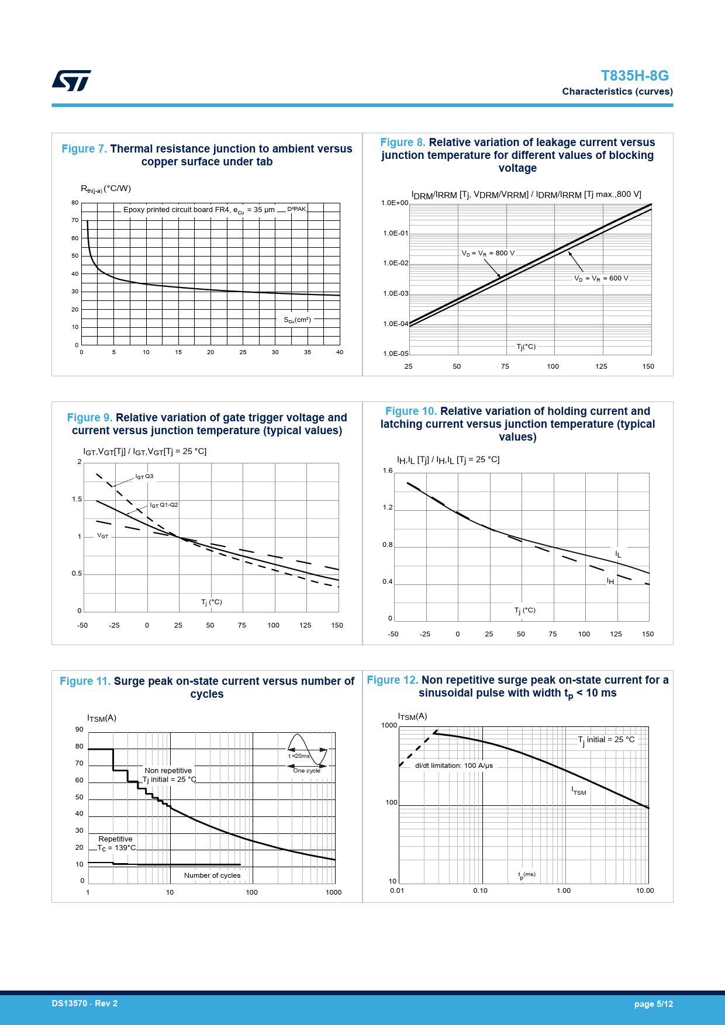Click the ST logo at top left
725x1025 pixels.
[71, 81]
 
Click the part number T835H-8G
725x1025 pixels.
[634, 76]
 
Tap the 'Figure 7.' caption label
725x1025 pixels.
[84, 149]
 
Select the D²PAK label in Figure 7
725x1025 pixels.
[296, 209]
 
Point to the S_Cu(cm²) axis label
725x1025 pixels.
[298, 320]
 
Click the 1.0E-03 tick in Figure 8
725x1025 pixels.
[396, 293]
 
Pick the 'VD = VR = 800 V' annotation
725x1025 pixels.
[488, 253]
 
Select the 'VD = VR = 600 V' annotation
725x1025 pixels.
[601, 278]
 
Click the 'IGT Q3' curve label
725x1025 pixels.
[144, 476]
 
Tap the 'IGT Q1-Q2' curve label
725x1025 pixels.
[164, 505]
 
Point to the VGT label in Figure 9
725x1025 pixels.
[102, 536]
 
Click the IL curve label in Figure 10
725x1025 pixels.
[618, 553]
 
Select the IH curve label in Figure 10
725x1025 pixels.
[610, 581]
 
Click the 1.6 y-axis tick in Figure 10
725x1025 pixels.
[388, 470]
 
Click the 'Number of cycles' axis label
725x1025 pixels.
[212, 875]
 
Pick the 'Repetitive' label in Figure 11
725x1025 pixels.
[115, 839]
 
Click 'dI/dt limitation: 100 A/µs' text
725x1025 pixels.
[454, 766]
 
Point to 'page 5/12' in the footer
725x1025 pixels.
[653, 1004]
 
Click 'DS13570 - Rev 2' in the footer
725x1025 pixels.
[85, 1003]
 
